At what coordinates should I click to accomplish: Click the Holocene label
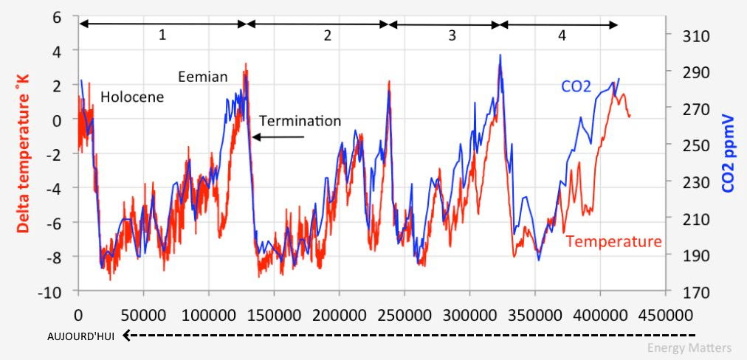click(x=132, y=97)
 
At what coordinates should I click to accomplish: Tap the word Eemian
click(x=203, y=77)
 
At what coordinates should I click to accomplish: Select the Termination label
click(x=300, y=121)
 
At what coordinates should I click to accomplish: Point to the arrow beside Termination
click(x=278, y=137)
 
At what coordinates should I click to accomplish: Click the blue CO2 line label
click(x=576, y=87)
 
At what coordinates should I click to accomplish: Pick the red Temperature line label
click(x=614, y=241)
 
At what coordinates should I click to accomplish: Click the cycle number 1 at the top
click(x=162, y=35)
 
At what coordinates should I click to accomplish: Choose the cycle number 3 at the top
click(x=452, y=35)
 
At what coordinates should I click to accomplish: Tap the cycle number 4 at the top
click(x=562, y=35)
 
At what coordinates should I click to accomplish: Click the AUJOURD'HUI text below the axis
click(x=80, y=336)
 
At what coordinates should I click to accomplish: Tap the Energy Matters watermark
click(x=689, y=348)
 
